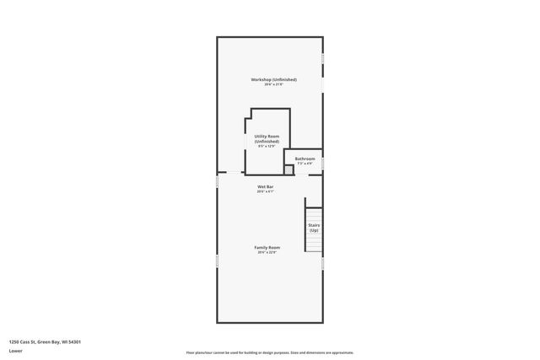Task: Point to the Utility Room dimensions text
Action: click(267, 147)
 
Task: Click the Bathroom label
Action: click(305, 159)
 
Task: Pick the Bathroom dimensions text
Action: click(305, 164)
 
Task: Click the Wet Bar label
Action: click(265, 186)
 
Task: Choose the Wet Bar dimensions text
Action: click(265, 191)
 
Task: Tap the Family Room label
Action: click(267, 247)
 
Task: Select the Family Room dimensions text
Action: click(267, 252)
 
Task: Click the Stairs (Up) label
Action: click(314, 228)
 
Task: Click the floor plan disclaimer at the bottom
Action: click(269, 352)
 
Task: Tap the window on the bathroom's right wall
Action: click(323, 162)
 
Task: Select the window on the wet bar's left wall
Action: click(217, 182)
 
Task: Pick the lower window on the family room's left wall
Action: click(217, 262)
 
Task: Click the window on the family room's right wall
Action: click(323, 264)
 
